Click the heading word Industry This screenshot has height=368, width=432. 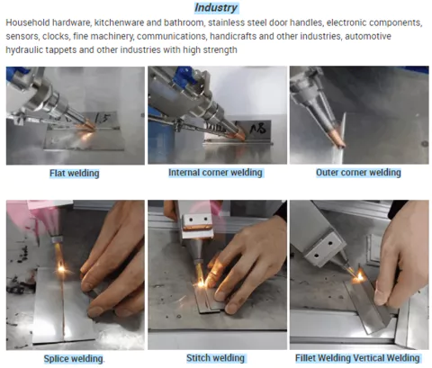216,7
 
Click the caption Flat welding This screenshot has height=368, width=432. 75,173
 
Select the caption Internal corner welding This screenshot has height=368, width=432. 215,173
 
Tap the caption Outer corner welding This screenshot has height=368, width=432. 358,173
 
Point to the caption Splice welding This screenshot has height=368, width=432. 74,358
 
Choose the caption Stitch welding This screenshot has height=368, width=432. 215,358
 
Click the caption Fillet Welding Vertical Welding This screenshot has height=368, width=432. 357,358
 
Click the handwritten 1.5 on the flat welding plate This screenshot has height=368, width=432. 102,119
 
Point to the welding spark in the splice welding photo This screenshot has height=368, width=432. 61,268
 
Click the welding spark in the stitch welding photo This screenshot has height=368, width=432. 201,283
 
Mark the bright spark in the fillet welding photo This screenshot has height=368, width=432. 358,277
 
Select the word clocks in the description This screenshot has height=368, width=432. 56,36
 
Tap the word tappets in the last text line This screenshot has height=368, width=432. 61,50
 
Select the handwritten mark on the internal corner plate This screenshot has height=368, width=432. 257,128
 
